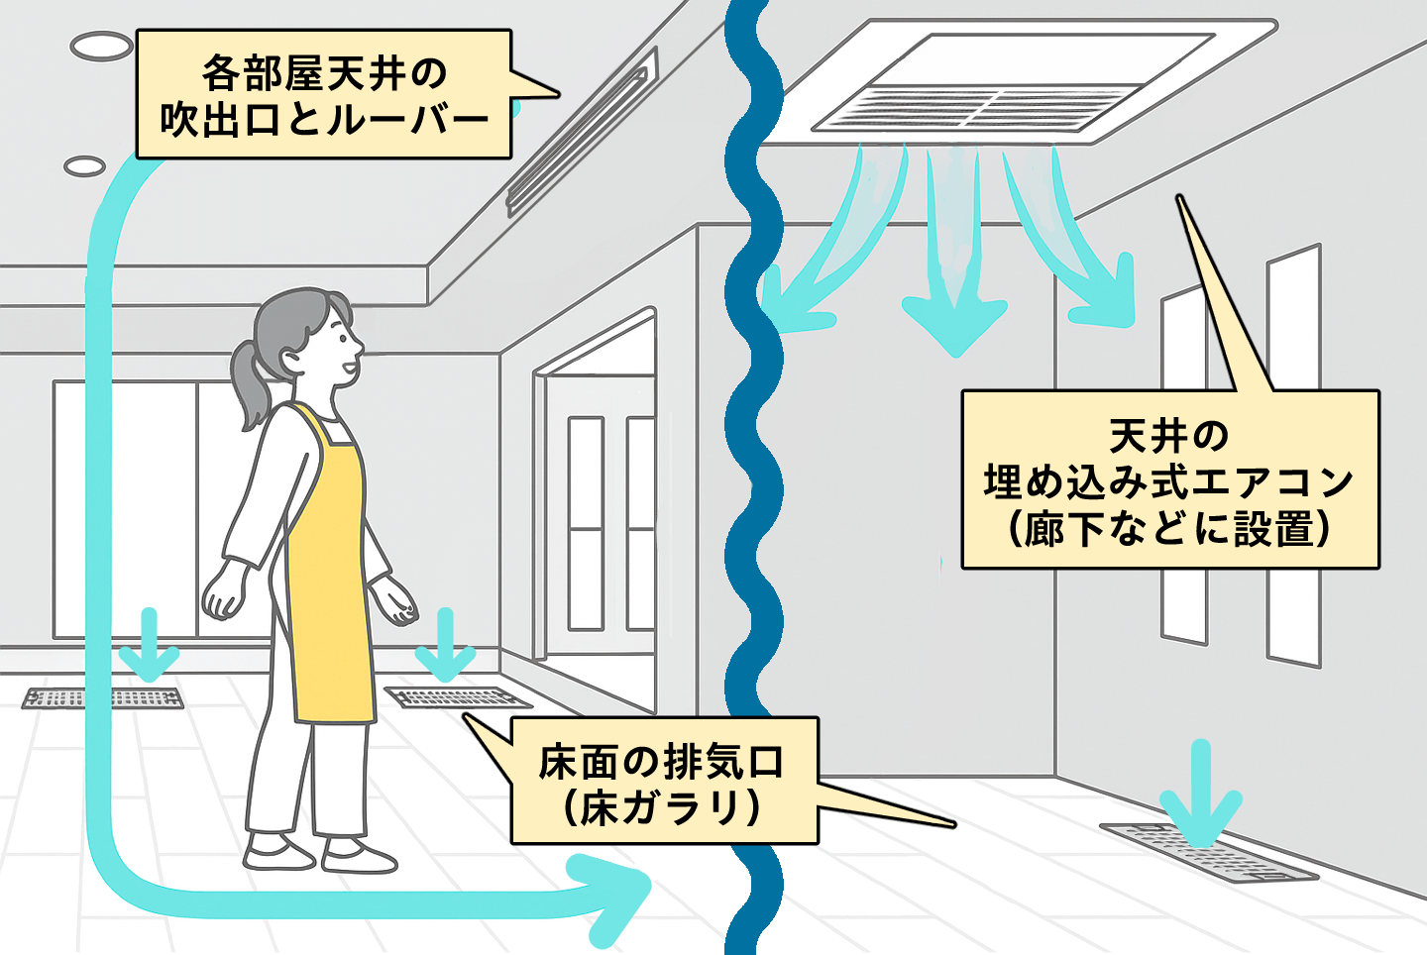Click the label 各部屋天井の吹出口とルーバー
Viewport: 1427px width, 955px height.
[x=323, y=95]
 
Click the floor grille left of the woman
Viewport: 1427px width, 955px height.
[x=103, y=698]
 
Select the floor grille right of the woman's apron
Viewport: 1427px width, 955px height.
[x=451, y=696]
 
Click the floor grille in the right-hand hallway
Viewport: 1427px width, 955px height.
[x=1209, y=852]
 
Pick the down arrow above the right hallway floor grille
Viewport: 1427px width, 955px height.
[x=1201, y=793]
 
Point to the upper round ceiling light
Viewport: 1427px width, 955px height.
[x=101, y=45]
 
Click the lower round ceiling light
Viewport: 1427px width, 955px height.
[x=85, y=165]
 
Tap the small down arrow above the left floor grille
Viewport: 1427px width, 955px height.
[x=149, y=644]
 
